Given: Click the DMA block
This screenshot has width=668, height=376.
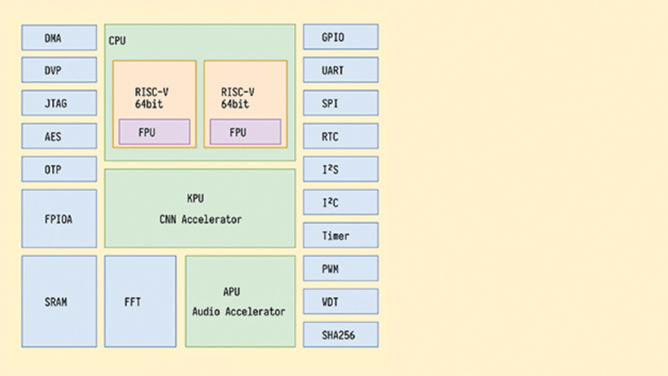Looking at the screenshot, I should coord(59,38).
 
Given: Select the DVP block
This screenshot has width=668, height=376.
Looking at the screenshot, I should coord(59,70).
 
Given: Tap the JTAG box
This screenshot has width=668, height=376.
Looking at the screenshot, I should coord(59,103).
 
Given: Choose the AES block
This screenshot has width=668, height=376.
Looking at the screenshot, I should coord(59,137).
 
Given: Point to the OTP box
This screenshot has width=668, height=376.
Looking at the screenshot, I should coord(59,169).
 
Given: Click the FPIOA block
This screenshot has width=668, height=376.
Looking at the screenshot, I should coord(59,219).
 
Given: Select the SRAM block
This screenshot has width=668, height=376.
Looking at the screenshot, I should coord(59,301).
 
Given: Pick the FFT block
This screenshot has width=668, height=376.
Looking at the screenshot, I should coord(140,301).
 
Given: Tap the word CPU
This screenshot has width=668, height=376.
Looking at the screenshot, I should coord(117,41).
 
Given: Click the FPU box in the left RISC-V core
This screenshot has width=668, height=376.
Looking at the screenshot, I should coord(154,132).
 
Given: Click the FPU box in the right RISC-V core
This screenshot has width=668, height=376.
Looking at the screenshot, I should coord(245,132).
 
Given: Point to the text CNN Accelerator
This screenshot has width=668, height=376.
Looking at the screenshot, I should coord(200,220).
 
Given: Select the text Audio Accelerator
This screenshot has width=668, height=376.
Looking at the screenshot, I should coord(239,312).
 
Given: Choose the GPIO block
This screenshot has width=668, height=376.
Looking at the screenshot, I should coord(340,38).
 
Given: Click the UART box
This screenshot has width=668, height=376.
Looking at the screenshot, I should coord(340,70).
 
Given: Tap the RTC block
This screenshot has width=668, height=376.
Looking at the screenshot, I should coord(340,137).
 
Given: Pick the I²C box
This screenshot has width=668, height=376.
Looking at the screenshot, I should coord(340,202).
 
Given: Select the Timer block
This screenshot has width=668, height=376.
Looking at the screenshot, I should coord(340,236).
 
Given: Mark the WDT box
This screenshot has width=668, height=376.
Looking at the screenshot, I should coord(340,301).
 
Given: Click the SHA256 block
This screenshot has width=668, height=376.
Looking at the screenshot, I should coord(340,335).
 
